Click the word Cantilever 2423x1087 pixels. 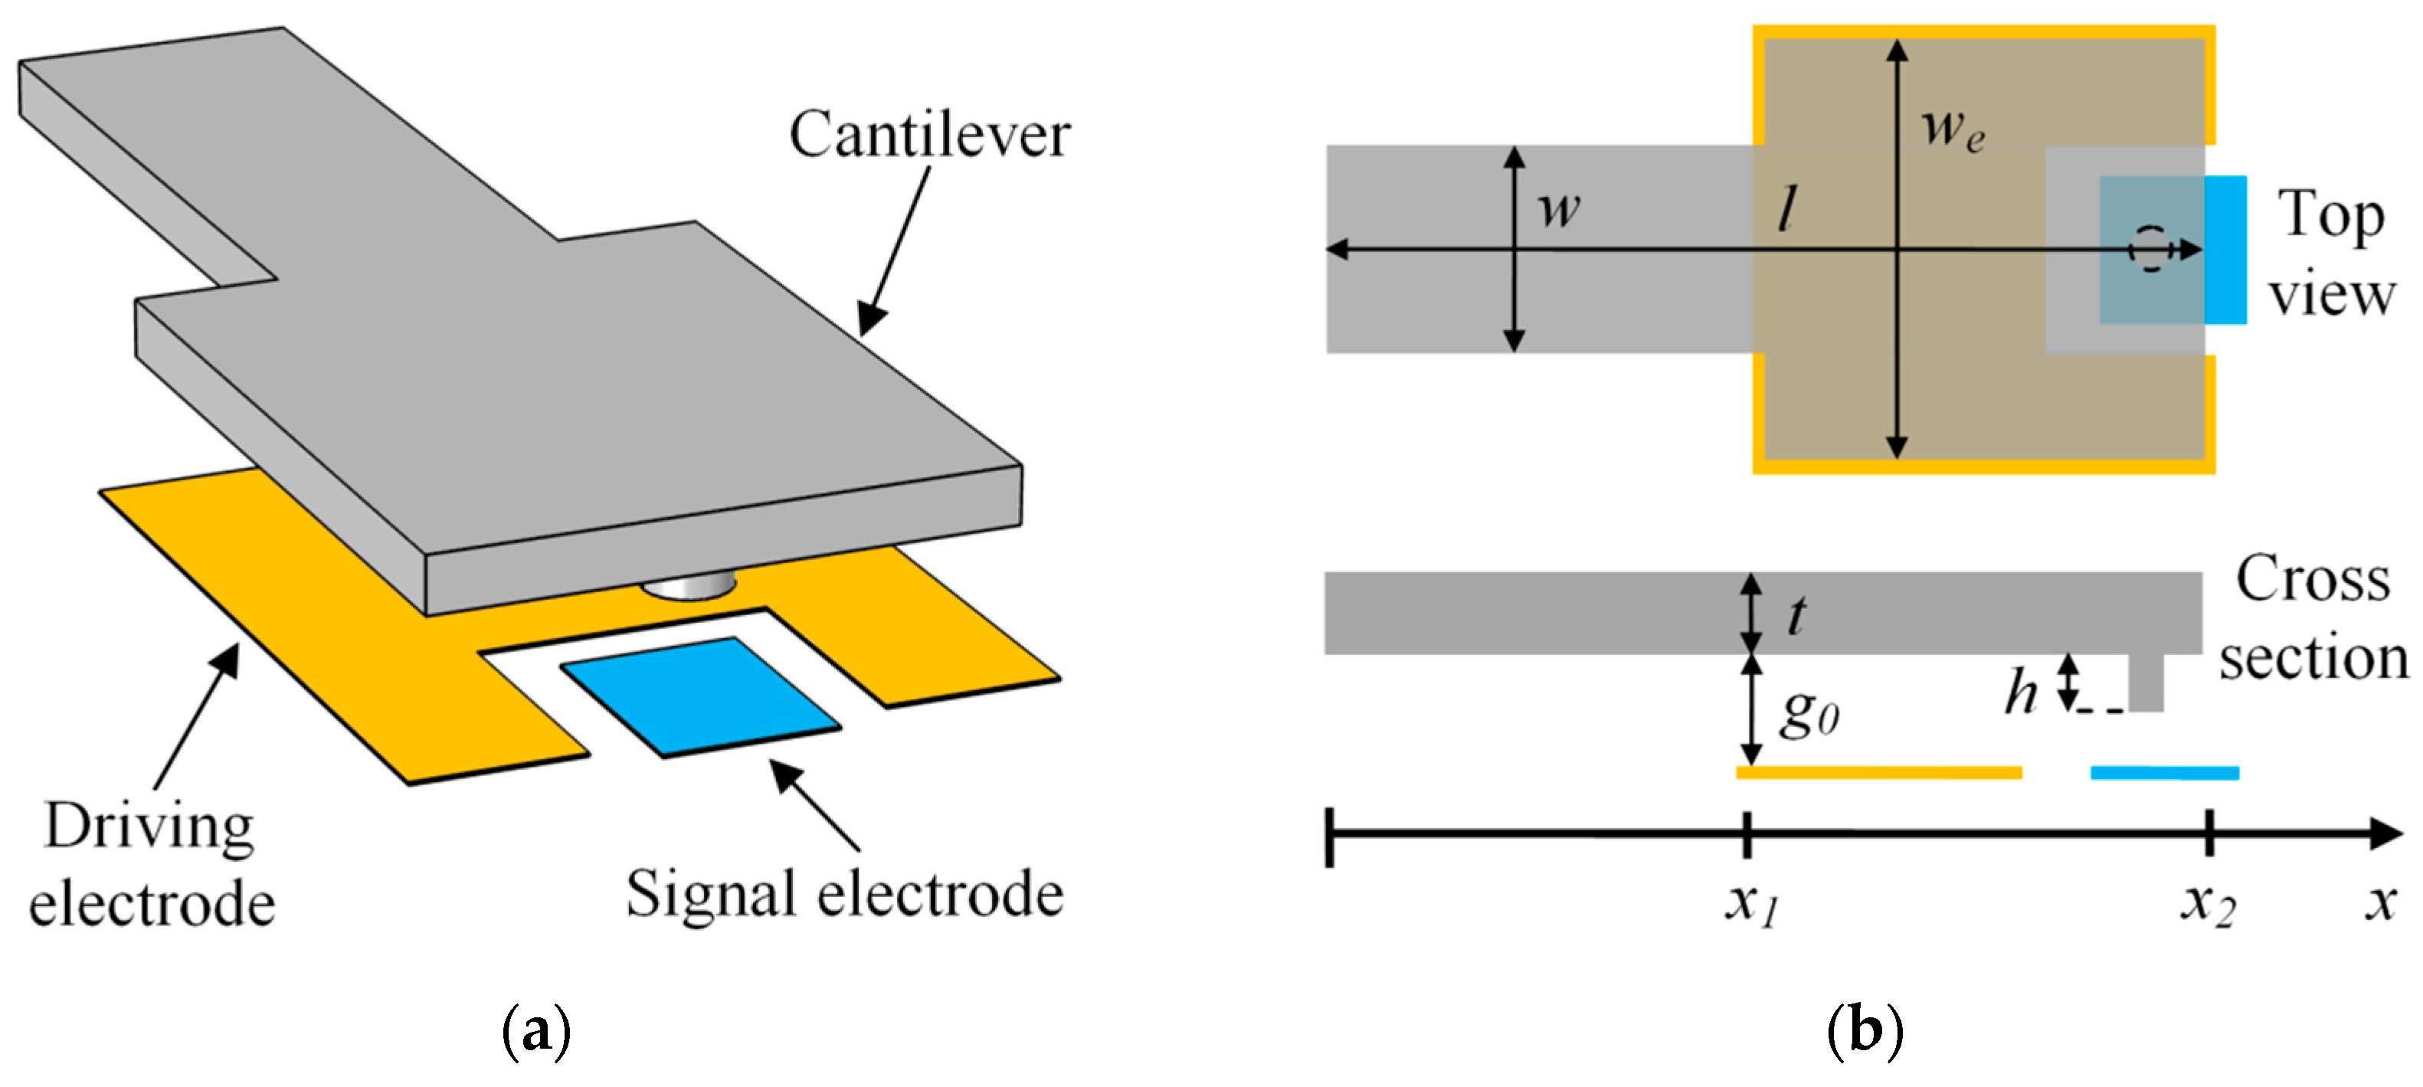point(929,135)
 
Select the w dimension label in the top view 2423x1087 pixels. point(1559,209)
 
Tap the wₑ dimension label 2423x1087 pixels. point(1953,129)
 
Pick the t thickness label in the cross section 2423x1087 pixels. point(1796,616)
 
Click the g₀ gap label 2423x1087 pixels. point(1809,715)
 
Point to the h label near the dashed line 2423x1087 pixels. point(2019,694)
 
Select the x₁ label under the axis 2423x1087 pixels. point(1751,905)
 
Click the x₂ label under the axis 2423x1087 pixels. point(2208,905)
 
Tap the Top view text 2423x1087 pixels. point(2331,254)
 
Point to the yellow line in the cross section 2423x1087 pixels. point(1878,773)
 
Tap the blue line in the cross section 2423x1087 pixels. point(2164,773)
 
